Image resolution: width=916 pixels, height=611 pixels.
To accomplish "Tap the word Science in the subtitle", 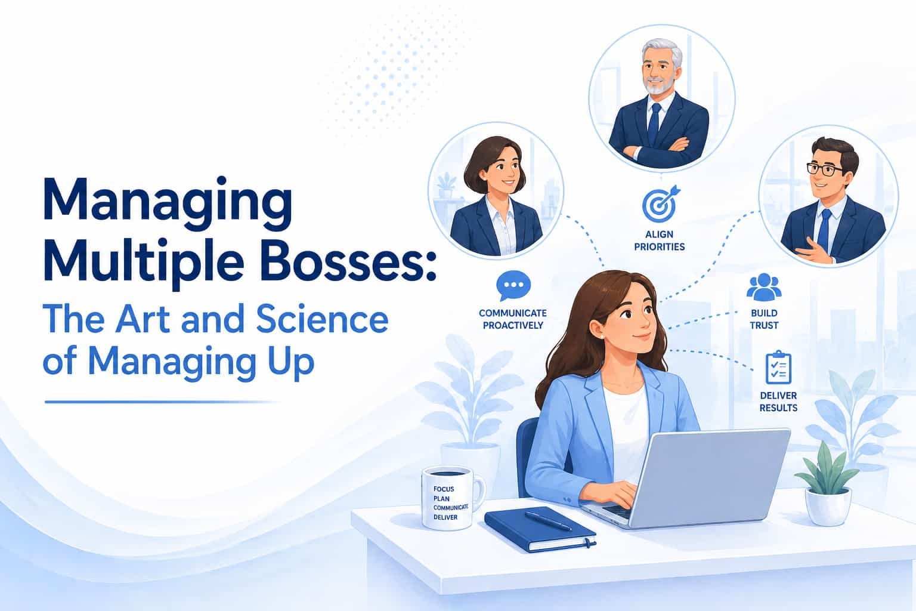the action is point(322,320).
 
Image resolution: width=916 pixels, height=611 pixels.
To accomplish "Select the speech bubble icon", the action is point(513,285).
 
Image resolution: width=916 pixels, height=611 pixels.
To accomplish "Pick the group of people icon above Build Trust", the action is point(764,287).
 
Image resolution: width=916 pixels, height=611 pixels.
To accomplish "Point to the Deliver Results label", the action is point(779,402).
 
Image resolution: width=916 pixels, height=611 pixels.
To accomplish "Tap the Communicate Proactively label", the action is point(513,319).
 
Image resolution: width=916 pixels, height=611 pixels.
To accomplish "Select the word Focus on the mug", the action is point(444,489).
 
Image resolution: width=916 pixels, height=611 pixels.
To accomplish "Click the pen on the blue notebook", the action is point(548,521).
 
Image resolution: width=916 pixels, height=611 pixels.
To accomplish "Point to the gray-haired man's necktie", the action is point(655,123).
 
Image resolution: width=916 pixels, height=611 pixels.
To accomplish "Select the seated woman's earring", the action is point(602,337).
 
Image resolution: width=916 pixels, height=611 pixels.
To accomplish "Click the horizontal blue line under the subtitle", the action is point(162,402).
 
